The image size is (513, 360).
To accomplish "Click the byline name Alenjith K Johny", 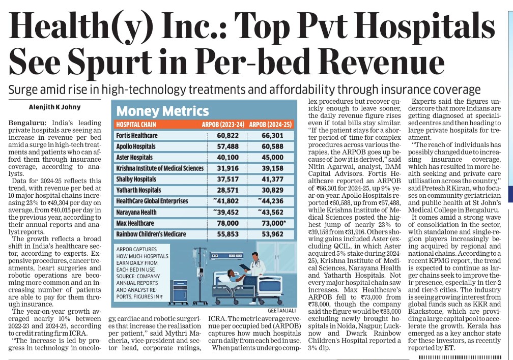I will pos(50,108).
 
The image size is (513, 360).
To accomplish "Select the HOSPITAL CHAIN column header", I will pos(136,124).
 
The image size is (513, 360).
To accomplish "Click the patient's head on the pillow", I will pos(230,277).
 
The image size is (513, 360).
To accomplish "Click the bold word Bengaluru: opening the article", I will pos(27,124).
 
